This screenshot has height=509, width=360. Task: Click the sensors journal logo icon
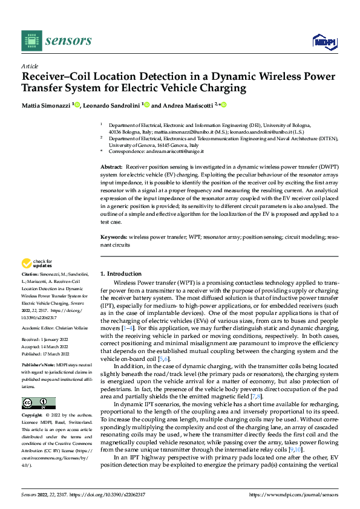point(30,41)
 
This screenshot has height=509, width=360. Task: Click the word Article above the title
point(30,66)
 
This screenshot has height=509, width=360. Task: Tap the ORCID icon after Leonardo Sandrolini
point(146,104)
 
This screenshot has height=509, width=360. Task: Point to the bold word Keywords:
point(114,238)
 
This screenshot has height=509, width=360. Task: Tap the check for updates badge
point(37,264)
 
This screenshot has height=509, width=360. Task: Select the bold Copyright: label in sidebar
point(34,416)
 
